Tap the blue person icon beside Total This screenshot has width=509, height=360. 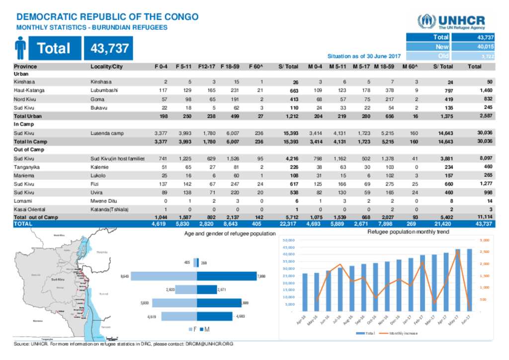[x=20, y=48]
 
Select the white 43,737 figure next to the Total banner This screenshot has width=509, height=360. [x=110, y=48]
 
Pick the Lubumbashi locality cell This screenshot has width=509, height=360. [x=104, y=90]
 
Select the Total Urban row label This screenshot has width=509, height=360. [x=27, y=116]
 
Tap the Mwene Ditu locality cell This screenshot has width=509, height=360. [x=103, y=201]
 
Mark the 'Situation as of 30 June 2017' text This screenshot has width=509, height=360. [x=364, y=56]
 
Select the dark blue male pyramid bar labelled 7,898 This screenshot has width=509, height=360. [x=227, y=276]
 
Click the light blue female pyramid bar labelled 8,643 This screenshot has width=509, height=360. [x=164, y=276]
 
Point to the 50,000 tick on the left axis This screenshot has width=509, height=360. [x=289, y=240]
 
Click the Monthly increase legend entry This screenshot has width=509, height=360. [x=400, y=333]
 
